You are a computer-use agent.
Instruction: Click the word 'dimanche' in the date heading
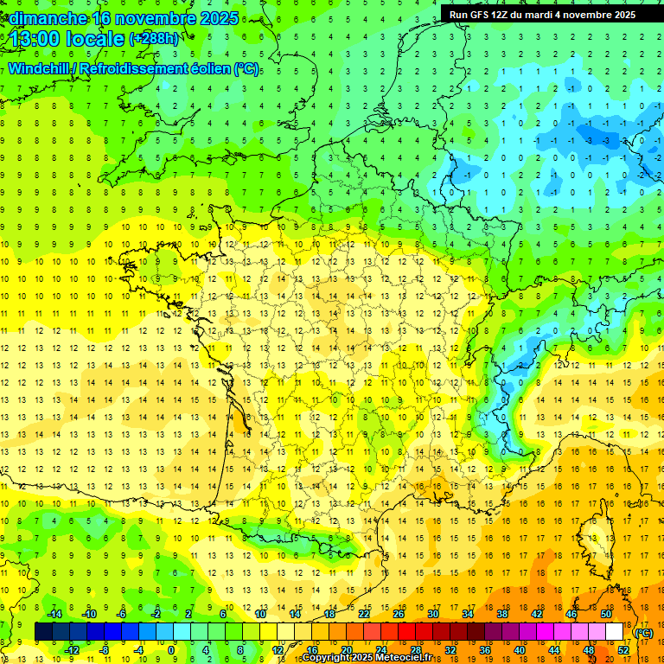[43, 17]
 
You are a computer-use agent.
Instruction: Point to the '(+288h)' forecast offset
[153, 39]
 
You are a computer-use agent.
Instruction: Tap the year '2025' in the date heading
[218, 17]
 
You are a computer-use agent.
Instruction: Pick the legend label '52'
[623, 650]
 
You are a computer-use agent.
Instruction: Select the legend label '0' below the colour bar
[171, 650]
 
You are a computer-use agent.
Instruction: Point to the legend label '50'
[605, 614]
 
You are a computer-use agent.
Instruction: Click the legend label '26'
[399, 614]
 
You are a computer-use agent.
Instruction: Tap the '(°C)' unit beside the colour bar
[644, 633]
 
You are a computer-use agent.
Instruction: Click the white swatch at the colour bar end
[615, 632]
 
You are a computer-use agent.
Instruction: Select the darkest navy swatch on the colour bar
[43, 632]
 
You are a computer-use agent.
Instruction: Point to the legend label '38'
[501, 614]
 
